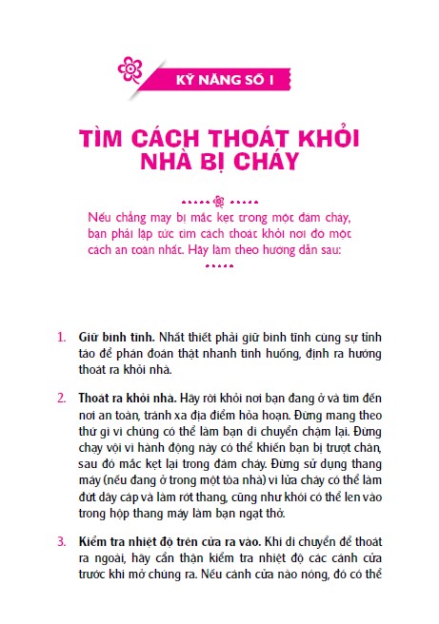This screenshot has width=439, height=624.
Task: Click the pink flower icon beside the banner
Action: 130,69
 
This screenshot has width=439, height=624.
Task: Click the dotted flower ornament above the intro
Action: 218,201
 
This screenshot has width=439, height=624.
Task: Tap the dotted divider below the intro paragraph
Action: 219,267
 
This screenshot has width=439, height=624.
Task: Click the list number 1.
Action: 60,337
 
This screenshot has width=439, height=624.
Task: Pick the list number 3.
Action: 60,540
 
